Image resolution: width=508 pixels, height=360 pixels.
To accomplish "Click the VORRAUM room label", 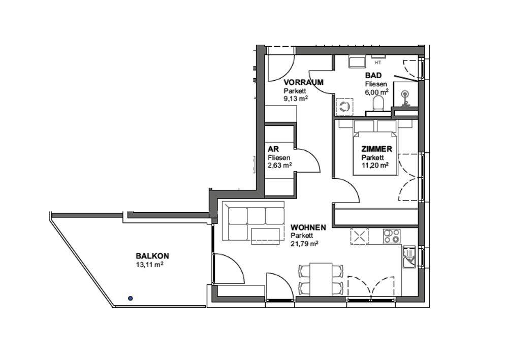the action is [x=304, y=82].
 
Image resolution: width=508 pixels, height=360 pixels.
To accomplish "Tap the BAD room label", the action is [x=373, y=76].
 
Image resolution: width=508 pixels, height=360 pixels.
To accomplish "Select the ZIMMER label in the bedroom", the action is [x=377, y=149].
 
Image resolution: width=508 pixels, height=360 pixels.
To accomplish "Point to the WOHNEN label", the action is [x=308, y=227].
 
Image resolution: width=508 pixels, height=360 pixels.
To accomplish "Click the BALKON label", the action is [x=152, y=256].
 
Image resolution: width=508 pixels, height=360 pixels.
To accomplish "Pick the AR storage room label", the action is [x=273, y=149].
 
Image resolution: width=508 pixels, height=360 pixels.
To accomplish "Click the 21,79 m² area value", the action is [x=304, y=243].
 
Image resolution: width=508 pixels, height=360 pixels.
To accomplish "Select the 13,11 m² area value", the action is [x=149, y=265].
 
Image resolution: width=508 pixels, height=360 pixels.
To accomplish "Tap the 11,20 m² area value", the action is [x=375, y=165].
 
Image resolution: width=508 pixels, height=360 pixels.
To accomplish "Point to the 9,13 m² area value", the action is [x=296, y=99].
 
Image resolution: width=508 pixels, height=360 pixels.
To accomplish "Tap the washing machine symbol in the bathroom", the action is [x=344, y=107].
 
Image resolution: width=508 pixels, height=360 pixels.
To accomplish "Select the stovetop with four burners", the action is [x=392, y=236].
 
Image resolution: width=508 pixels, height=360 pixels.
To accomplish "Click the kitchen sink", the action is [x=409, y=257].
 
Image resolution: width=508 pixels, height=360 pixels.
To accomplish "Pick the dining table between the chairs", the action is [x=321, y=279].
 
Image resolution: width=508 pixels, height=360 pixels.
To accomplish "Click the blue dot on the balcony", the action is [x=130, y=298].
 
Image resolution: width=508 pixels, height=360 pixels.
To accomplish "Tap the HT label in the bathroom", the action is [x=377, y=62].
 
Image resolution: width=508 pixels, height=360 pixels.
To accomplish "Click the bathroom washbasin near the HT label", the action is [x=357, y=62].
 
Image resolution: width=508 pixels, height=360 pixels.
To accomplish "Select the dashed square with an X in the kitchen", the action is [x=360, y=236].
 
